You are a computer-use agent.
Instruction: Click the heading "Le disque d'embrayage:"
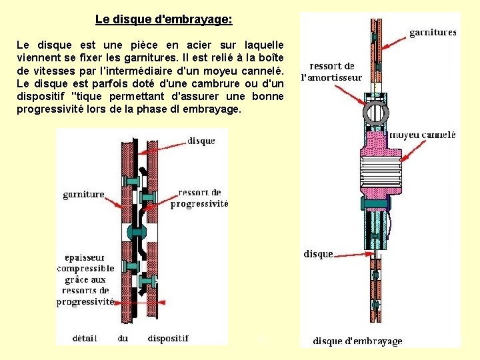163,19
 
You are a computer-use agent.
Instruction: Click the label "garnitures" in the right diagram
432,31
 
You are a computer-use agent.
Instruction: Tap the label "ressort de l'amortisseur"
332,71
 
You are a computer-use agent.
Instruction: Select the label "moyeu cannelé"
423,134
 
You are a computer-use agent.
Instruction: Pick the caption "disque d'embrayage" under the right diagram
357,341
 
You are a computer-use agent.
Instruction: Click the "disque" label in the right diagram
318,254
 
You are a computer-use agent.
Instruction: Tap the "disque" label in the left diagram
201,141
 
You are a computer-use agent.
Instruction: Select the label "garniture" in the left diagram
83,195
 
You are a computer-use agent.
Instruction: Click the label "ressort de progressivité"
199,198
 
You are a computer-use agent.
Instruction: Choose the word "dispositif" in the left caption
168,338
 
